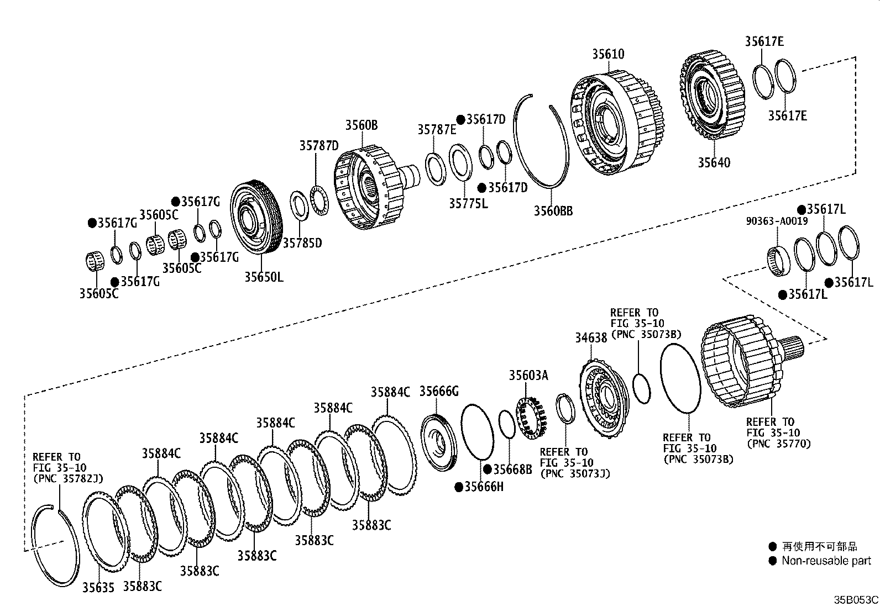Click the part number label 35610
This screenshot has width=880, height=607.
[x=608, y=54]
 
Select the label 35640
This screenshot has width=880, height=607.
[x=713, y=162]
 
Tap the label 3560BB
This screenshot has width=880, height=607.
[x=553, y=210]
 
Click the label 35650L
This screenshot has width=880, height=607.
[x=264, y=277]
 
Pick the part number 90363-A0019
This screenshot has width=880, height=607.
[x=776, y=221]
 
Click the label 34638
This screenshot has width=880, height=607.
[x=591, y=337]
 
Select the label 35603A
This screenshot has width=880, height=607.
[x=528, y=376]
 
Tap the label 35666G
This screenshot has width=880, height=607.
[x=439, y=392]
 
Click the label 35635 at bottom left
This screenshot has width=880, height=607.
[x=98, y=588]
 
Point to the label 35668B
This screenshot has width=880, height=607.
[x=512, y=469]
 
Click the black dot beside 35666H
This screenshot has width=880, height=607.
[x=459, y=487]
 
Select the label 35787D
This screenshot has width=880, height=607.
[x=319, y=146]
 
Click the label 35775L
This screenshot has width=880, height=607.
[x=468, y=204]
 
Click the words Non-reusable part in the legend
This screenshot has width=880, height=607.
[x=826, y=561]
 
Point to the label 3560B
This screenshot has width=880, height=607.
[x=362, y=125]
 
